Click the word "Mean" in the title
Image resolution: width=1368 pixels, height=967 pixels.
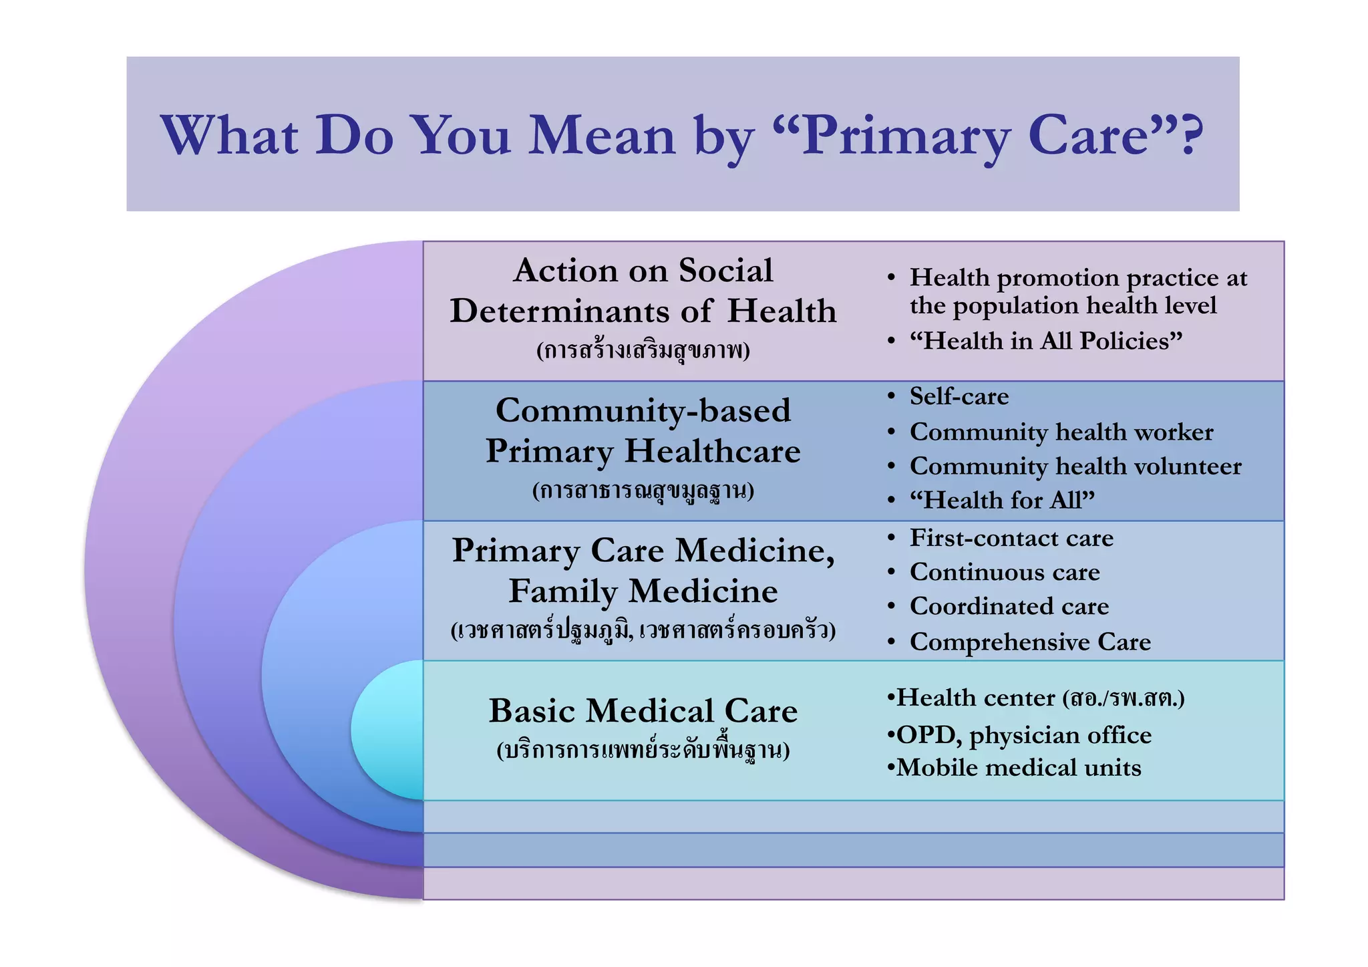point(602,136)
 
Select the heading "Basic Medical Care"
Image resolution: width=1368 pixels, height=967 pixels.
point(643,710)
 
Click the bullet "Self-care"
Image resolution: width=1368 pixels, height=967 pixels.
point(959,396)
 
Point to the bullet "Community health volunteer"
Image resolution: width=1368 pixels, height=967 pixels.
point(1075,466)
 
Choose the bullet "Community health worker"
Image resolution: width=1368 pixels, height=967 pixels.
point(1061,432)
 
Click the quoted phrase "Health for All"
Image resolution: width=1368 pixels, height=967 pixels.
point(1002,500)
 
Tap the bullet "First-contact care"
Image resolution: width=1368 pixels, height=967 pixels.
point(1011,538)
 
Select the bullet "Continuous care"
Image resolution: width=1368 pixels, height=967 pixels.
point(1004,572)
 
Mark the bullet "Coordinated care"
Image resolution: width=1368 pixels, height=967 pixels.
point(1009,606)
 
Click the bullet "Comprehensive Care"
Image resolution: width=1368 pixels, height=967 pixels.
point(1029,642)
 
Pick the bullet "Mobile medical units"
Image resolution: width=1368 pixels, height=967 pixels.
point(1018,767)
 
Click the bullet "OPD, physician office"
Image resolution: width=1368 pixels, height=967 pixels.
point(1023,735)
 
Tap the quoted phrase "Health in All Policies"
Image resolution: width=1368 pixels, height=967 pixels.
point(1045,341)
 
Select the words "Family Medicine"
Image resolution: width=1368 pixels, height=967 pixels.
point(643,591)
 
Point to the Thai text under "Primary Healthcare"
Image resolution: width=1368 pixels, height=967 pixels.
point(643,491)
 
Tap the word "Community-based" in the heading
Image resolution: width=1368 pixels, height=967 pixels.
point(643,410)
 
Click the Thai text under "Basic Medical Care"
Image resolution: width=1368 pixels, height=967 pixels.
point(643,750)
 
